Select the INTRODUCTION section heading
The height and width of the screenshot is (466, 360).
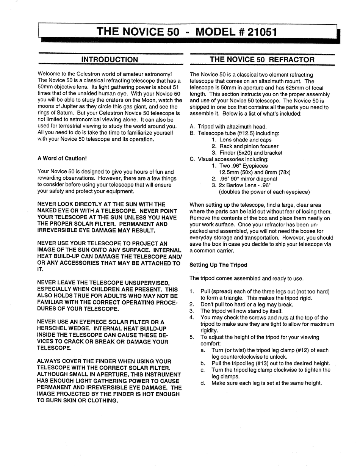pyautogui.click(x=110, y=60)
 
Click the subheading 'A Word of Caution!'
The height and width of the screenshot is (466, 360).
pyautogui.click(x=62, y=158)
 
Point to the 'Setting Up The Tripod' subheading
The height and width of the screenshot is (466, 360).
pyautogui.click(x=218, y=265)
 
